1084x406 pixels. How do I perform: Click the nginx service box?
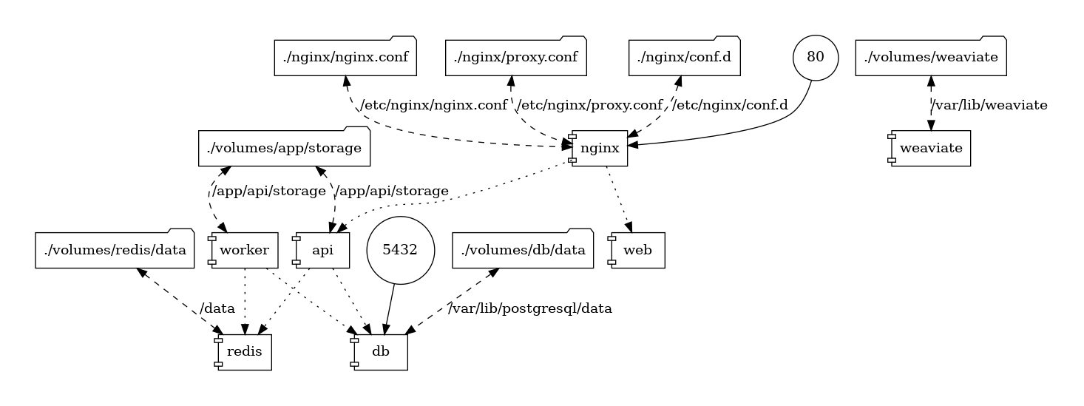[x=599, y=149]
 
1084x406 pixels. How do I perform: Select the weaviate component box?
[x=930, y=149]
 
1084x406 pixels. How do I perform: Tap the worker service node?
[x=245, y=250]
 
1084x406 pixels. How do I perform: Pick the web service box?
[x=637, y=250]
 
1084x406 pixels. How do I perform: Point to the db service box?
[x=380, y=352]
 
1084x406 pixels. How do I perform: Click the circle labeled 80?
[x=816, y=57]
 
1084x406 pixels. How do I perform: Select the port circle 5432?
[x=400, y=250]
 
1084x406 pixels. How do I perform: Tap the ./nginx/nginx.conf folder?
[x=345, y=57]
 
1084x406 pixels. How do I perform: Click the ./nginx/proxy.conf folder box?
[x=515, y=57]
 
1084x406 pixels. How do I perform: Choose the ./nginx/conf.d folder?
[x=685, y=57]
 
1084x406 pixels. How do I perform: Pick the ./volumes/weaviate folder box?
[x=930, y=57]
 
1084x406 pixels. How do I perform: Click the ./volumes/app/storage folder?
[x=284, y=149]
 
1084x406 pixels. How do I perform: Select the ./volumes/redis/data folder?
[x=115, y=250]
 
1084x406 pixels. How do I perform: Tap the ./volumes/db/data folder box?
[x=523, y=250]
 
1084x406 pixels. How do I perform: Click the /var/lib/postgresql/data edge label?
[x=531, y=309]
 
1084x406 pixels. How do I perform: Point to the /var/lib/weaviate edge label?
[x=989, y=105]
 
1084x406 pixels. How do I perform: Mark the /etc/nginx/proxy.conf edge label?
[x=589, y=105]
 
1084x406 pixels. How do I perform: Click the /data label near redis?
[x=217, y=309]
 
